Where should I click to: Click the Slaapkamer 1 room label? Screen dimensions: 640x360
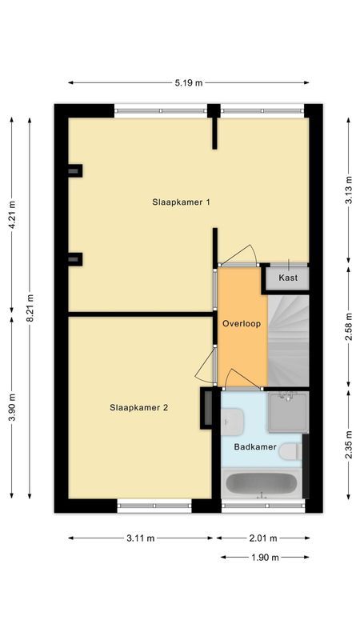coord(181,202)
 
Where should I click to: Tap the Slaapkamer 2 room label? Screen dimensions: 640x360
coord(138,407)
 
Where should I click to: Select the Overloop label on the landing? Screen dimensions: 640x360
coord(242,324)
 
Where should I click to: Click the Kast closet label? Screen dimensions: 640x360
coord(288,278)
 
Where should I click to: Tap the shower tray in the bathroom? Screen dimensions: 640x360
coord(286,411)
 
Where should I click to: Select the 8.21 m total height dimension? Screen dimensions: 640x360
coord(31,308)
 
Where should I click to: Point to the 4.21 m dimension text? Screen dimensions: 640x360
coord(11,214)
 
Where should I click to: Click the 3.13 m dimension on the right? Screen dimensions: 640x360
coord(348,190)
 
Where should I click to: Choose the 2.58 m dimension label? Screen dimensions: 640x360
coord(348,326)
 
